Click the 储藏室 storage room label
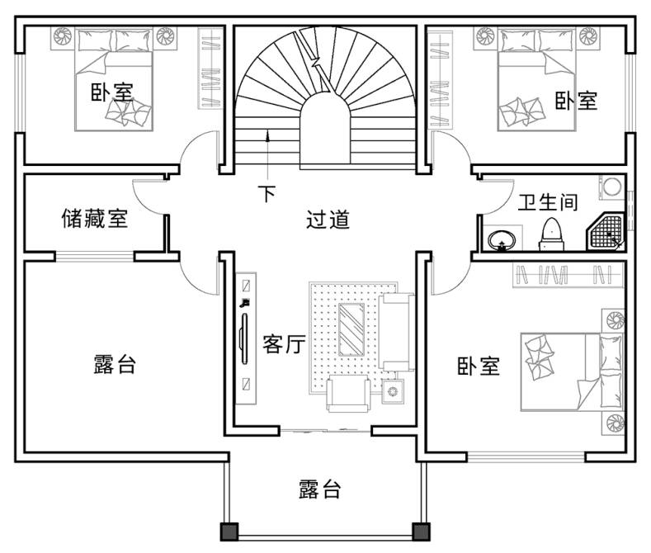coord(95,219)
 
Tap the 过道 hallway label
coord(328,220)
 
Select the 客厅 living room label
coord(285,344)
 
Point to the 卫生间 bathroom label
coord(547,201)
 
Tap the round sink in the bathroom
coord(500,240)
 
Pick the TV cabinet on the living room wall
coord(244,338)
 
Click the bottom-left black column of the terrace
coord(229,531)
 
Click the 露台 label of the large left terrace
coord(115,364)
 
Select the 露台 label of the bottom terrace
coord(319,489)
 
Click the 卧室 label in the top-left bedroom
coord(112,92)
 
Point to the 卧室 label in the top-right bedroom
coord(575,101)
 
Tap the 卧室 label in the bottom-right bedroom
coord(479,366)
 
